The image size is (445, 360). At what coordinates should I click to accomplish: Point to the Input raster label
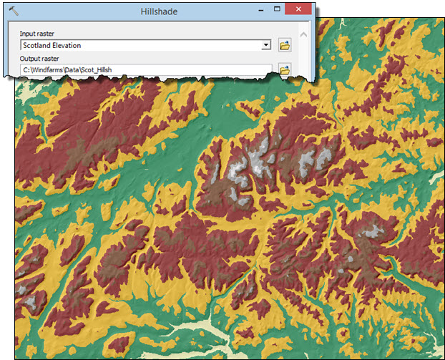[37, 34]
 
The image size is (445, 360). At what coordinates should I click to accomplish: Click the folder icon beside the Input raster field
[285, 45]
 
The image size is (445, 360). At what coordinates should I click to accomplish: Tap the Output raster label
[39, 58]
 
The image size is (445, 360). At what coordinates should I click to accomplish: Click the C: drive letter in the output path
[26, 70]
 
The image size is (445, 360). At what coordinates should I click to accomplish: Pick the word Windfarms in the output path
[49, 70]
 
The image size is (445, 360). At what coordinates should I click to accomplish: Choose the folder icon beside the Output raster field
[285, 69]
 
